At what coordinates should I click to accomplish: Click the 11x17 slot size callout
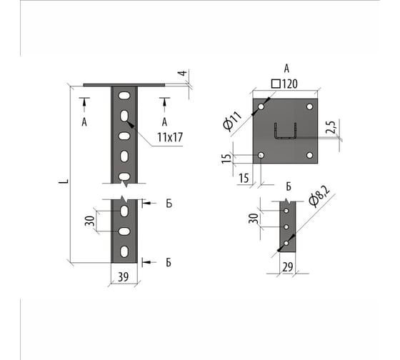point(170,138)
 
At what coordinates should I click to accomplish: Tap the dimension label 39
point(124,277)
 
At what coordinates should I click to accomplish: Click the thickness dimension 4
point(182,74)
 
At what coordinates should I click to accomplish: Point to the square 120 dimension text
point(284,84)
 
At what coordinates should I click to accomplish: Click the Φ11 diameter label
point(232,121)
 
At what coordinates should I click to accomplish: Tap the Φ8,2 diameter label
point(319,196)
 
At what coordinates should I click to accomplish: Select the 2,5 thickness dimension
point(331,127)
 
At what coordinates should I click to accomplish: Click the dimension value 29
point(288,267)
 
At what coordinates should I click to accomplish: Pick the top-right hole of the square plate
point(310,106)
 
